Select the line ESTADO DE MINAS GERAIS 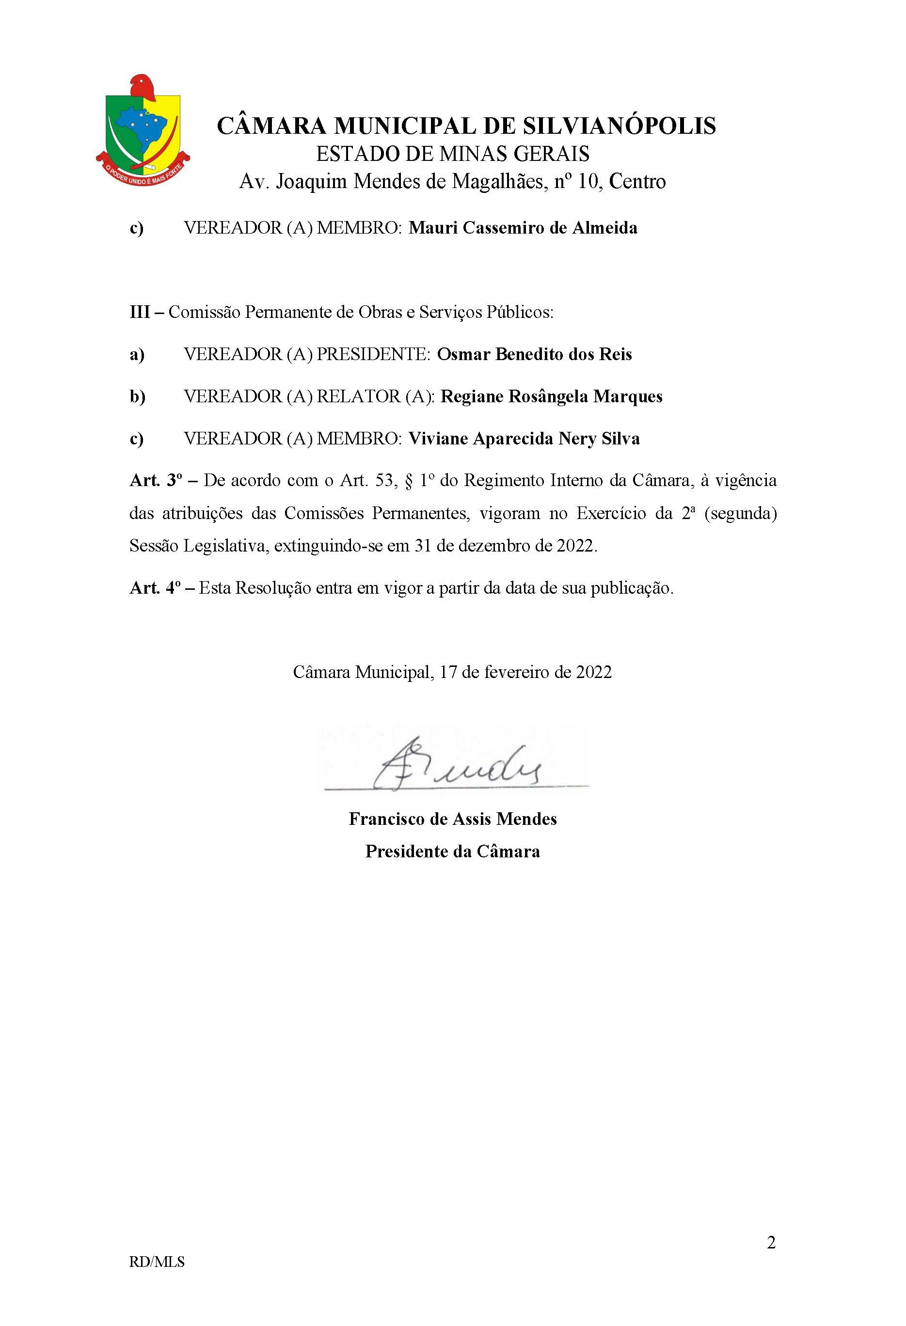(452, 154)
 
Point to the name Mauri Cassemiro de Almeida (523, 228)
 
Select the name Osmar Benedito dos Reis (534, 354)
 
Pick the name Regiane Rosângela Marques (552, 396)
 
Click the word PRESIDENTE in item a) (373, 354)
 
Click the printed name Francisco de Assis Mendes (452, 820)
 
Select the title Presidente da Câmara (452, 852)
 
